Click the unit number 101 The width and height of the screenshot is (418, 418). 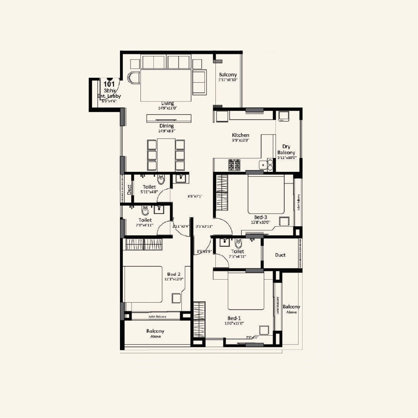pyautogui.click(x=109, y=84)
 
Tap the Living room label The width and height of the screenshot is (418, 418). pyautogui.click(x=168, y=103)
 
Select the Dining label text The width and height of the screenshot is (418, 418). pyautogui.click(x=166, y=126)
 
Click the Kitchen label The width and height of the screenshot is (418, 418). pyautogui.click(x=241, y=135)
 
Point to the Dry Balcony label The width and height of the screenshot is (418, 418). pyautogui.click(x=286, y=150)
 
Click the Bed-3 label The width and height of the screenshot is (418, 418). pyautogui.click(x=260, y=217)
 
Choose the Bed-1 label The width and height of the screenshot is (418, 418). pyautogui.click(x=234, y=318)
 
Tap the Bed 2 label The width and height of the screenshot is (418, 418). pyautogui.click(x=173, y=274)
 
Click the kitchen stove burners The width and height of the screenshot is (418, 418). pyautogui.click(x=234, y=165)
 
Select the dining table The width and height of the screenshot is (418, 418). pyautogui.click(x=166, y=155)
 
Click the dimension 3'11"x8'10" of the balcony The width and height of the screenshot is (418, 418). pyautogui.click(x=228, y=80)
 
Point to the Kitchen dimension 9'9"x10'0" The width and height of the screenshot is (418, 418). pyautogui.click(x=241, y=141)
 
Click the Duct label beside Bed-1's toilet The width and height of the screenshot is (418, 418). pyautogui.click(x=280, y=255)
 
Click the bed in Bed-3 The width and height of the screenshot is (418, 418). pyautogui.click(x=266, y=194)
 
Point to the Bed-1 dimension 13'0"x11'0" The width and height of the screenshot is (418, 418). pyautogui.click(x=234, y=323)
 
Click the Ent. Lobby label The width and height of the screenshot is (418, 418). pyautogui.click(x=109, y=96)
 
